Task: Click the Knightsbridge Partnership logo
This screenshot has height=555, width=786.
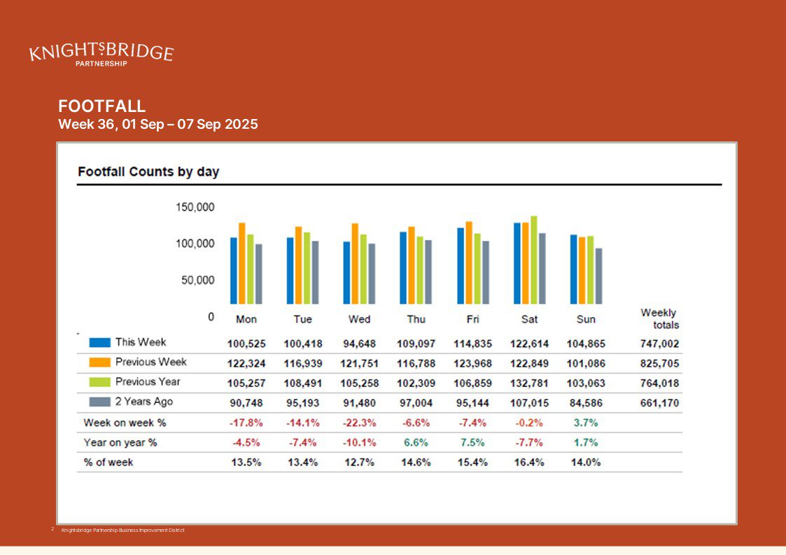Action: pos(101,54)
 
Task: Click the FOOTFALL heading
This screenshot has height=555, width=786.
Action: pos(102,106)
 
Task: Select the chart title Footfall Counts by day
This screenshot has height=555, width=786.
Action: pos(148,171)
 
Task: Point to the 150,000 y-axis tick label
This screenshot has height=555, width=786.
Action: pos(195,207)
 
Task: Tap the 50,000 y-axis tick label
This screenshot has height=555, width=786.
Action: pos(198,280)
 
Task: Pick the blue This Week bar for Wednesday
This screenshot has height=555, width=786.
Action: pos(346,273)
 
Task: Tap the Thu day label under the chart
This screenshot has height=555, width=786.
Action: pos(416,319)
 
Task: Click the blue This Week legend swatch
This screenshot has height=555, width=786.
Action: pos(100,343)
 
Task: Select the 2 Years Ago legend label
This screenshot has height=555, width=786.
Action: pos(143,402)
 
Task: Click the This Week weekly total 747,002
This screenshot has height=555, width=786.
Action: pos(659,344)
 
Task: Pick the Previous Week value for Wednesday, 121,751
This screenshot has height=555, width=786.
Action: pos(359,364)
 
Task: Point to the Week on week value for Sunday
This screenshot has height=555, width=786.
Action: pos(586,423)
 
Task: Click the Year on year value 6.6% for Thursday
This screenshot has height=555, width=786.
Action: pos(416,442)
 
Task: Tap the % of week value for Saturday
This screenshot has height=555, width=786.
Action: pos(529,463)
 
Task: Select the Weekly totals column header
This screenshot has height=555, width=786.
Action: pos(659,318)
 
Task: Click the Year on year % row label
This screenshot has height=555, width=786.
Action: pos(120,442)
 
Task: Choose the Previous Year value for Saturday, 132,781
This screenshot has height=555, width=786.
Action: pos(529,384)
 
